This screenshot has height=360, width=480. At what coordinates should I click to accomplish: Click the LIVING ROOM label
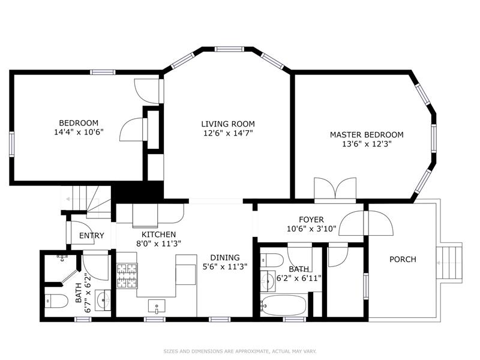227,124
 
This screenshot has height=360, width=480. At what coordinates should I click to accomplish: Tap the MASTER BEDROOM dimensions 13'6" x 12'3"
367,145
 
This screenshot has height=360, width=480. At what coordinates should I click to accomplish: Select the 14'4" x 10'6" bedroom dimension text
79,133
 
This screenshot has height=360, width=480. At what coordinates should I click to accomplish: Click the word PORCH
403,260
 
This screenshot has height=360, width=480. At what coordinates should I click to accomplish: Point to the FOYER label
311,220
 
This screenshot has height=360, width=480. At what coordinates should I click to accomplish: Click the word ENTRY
91,236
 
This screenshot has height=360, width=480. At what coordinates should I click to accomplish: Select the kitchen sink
157,306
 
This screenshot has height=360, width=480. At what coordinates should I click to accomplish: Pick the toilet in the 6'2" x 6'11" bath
273,260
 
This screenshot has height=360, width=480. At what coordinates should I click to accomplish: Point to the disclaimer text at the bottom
240,351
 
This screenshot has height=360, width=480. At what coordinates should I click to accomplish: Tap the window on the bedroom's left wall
11,144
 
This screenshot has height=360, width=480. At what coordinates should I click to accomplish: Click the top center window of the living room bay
230,49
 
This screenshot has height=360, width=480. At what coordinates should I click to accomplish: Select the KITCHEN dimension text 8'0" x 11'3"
158,243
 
